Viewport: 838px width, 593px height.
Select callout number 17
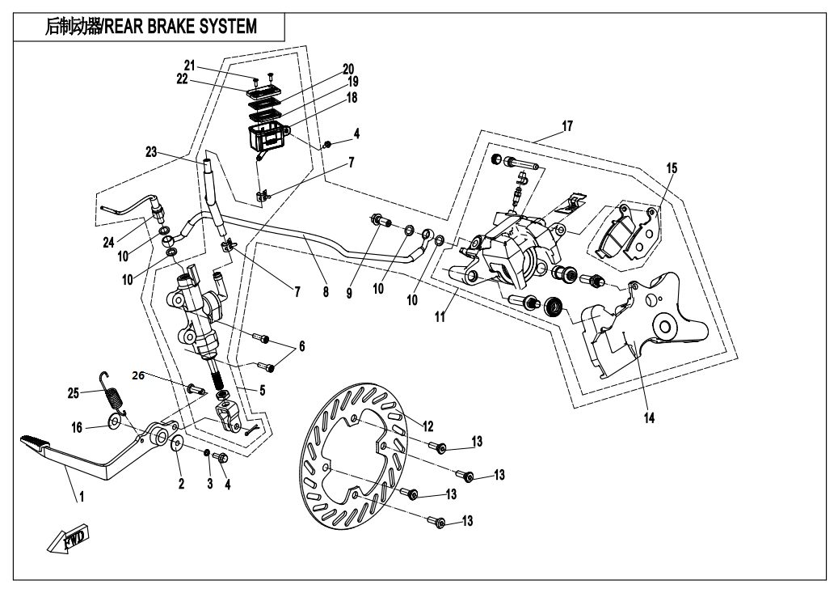tap(567, 127)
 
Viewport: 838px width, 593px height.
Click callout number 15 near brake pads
tap(672, 168)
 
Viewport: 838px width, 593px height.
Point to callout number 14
tap(649, 418)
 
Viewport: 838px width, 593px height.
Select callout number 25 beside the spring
tap(74, 392)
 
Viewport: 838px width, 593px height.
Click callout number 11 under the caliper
tap(440, 318)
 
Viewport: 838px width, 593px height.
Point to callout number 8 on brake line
tap(326, 292)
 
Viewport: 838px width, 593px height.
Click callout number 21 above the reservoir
tap(190, 66)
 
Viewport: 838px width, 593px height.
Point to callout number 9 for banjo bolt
tap(350, 293)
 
